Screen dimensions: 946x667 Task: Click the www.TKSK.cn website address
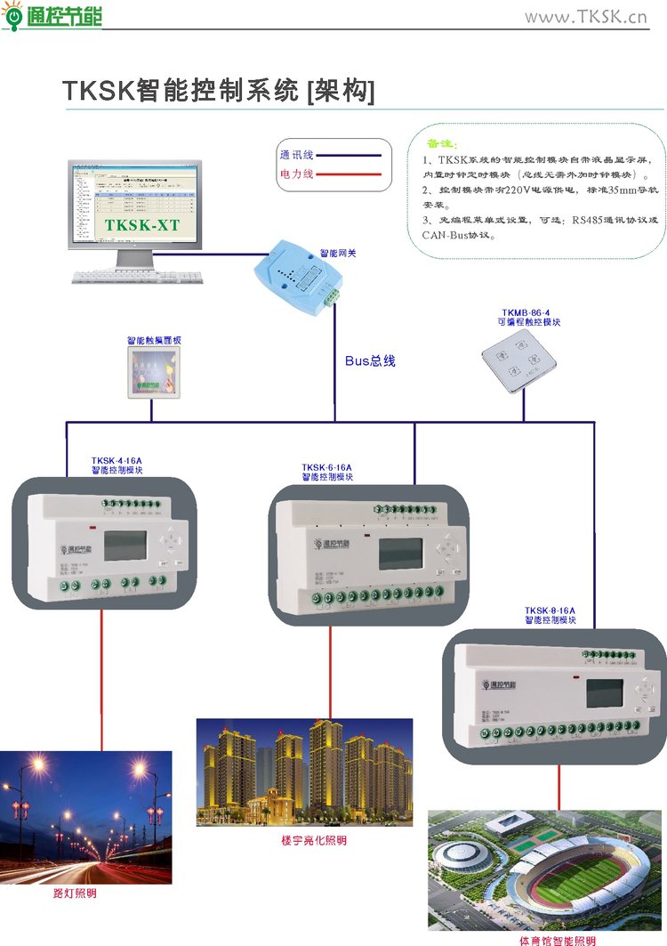click(x=586, y=17)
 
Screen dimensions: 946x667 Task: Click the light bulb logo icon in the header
click(x=13, y=17)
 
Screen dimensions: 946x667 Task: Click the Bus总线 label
click(x=370, y=361)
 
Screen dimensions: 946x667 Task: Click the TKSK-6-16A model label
click(x=326, y=467)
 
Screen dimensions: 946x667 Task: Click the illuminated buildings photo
click(x=304, y=772)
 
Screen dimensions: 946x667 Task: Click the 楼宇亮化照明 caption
click(x=314, y=840)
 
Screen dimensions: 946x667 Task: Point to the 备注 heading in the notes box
click(x=441, y=142)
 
